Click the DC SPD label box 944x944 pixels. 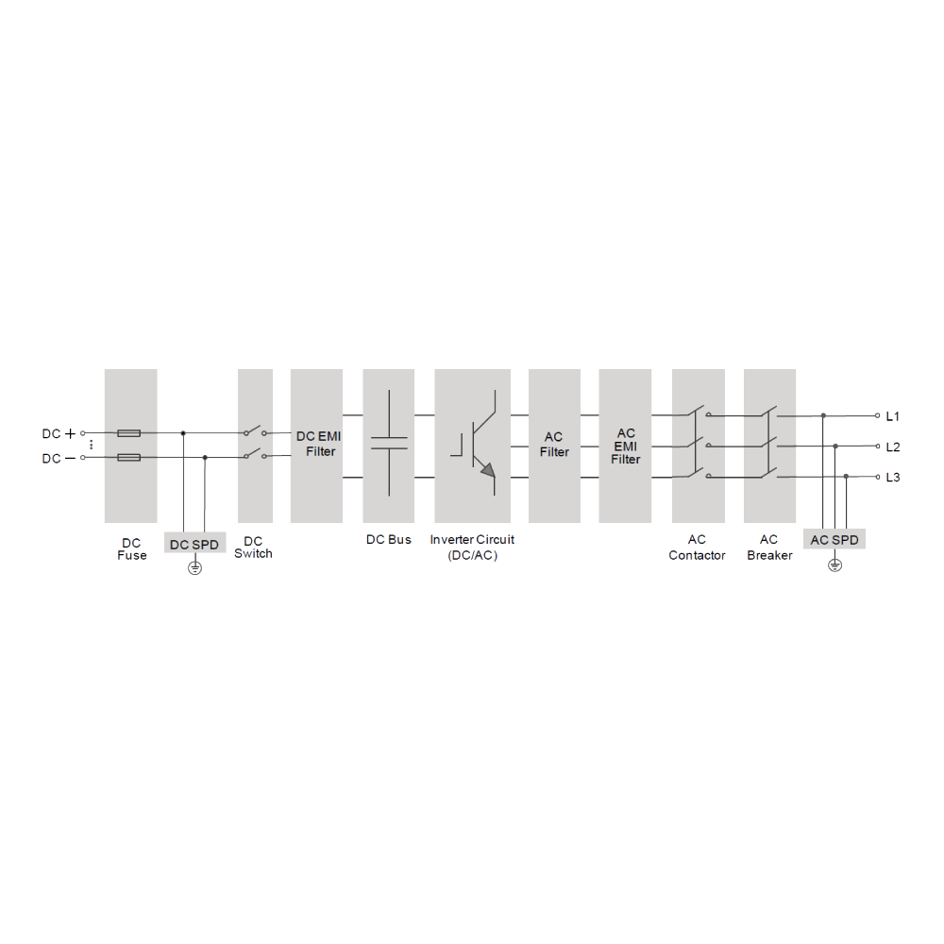(x=195, y=543)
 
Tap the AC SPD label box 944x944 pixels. (x=834, y=539)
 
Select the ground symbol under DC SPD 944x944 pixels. (x=195, y=567)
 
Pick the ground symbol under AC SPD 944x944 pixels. (x=835, y=565)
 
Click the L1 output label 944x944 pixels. (x=893, y=416)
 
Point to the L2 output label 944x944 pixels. (x=893, y=447)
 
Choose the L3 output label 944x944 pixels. (x=893, y=478)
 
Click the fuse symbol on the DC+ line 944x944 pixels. (x=128, y=433)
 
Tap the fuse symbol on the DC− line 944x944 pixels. (x=128, y=458)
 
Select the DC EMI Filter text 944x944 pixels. (x=319, y=444)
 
